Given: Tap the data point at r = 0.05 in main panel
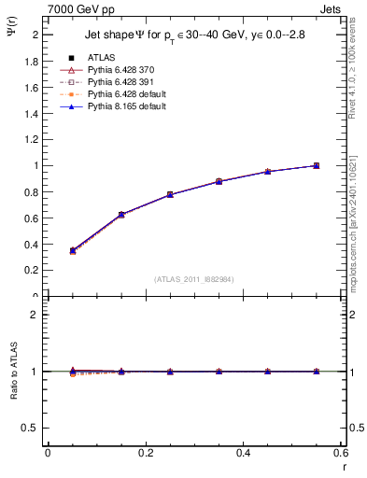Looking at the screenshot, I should [x=72, y=250].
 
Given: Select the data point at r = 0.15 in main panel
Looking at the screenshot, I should [x=121, y=215].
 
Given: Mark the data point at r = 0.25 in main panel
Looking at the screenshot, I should [x=170, y=194].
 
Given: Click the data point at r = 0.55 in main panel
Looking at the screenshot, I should [x=317, y=165].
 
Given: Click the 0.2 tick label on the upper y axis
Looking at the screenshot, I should [x=31, y=270].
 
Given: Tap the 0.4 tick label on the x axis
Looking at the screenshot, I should [x=243, y=452].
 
